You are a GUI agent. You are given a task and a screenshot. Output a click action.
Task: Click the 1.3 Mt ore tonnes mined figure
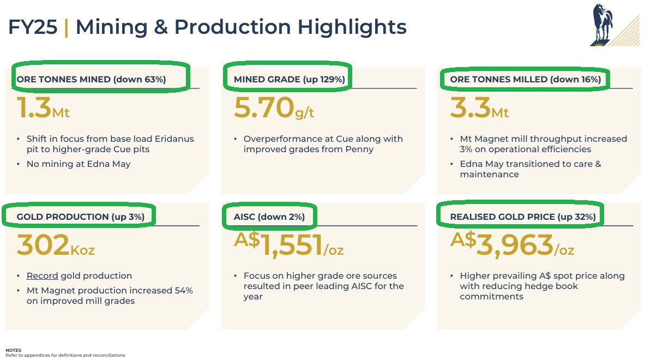tap(43, 108)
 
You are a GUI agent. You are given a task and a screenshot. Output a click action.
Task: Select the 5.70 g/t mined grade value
tap(274, 108)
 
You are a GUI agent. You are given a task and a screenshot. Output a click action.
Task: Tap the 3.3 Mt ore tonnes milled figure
tap(480, 108)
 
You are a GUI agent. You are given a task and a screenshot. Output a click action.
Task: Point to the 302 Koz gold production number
tap(56, 245)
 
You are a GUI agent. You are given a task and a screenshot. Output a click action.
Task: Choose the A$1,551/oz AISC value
tap(289, 245)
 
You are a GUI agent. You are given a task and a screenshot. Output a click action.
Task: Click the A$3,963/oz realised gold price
tap(512, 245)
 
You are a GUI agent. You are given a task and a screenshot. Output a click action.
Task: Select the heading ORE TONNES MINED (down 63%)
tap(91, 80)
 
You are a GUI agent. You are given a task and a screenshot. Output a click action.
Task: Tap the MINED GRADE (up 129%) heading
tap(289, 80)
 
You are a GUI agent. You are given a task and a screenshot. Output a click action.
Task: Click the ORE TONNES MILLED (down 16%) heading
tap(525, 80)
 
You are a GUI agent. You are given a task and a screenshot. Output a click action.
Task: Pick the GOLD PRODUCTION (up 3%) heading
tap(81, 217)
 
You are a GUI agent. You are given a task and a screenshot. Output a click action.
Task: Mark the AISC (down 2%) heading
tap(269, 217)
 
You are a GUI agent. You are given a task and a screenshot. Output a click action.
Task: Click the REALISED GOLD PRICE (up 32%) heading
tap(523, 217)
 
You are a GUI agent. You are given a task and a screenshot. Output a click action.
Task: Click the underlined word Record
tap(43, 275)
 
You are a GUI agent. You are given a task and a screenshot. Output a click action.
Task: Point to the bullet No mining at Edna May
tap(79, 164)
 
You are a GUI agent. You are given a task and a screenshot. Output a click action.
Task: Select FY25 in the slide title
tap(33, 27)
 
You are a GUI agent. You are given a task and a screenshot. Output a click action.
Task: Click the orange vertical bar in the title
tap(66, 27)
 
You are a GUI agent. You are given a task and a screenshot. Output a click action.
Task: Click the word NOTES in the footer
tap(13, 350)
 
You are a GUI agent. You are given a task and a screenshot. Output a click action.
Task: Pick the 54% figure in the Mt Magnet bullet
tap(184, 291)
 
